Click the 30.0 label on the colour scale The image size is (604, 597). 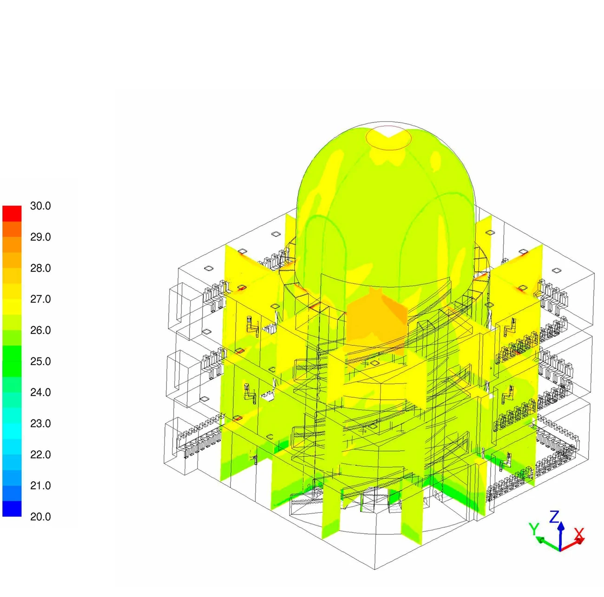(40, 206)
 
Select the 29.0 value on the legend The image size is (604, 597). (40, 237)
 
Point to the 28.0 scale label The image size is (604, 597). (40, 268)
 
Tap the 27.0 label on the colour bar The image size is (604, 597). (40, 299)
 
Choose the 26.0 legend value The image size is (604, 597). (40, 330)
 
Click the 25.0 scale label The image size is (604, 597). (40, 361)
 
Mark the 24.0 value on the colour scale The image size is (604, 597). (40, 392)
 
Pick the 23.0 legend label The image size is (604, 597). (40, 424)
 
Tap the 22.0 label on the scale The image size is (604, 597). (40, 455)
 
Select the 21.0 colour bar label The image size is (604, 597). (40, 485)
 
